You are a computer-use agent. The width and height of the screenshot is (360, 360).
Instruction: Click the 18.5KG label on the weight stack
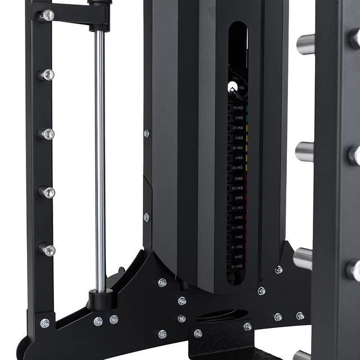[238, 107]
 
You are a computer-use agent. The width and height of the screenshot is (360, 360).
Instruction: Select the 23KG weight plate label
[240, 118]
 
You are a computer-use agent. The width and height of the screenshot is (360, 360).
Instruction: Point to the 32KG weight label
[239, 137]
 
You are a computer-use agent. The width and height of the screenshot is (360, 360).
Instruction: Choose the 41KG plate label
[239, 157]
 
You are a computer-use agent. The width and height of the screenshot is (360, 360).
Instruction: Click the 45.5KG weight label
[238, 168]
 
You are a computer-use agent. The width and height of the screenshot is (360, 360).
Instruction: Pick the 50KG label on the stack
[239, 178]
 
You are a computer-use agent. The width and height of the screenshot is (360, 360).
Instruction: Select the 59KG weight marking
[239, 197]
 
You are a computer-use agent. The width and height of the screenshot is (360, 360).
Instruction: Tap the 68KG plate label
[239, 217]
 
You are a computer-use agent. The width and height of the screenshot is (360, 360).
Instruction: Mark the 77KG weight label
[239, 237]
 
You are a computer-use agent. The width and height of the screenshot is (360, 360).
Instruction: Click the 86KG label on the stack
[239, 256]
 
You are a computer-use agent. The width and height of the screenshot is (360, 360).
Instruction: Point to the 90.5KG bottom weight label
[238, 267]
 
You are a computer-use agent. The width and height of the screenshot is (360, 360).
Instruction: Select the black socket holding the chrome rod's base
[102, 298]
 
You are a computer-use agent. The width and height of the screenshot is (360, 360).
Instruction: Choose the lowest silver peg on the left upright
[48, 250]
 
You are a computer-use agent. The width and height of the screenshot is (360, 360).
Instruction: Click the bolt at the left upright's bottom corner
[44, 323]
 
